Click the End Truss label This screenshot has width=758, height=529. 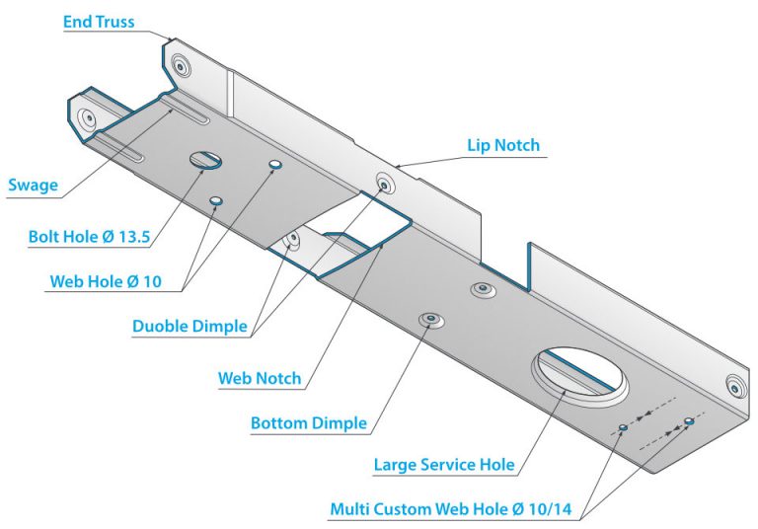tap(99, 22)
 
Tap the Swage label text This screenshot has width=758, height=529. tap(33, 186)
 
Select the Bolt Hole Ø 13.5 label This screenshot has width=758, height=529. tap(90, 237)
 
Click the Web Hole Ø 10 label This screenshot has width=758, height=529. tap(106, 281)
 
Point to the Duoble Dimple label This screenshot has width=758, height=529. tap(189, 326)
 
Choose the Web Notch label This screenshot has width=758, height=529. tap(260, 378)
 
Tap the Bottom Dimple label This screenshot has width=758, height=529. tap(309, 423)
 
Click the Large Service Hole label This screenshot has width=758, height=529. tap(444, 465)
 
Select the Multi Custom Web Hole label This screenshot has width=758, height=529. tap(450, 509)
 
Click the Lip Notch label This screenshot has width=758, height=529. tap(503, 145)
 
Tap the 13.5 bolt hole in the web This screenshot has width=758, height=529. tap(205, 160)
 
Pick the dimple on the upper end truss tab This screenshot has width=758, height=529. tap(181, 66)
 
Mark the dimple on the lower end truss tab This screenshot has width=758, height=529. tap(89, 117)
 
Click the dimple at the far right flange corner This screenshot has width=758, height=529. tap(736, 387)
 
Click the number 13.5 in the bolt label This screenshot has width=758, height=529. tap(133, 237)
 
